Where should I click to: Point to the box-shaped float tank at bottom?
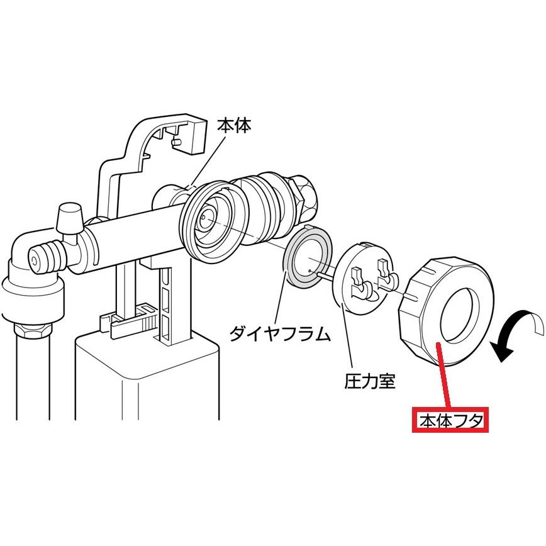point(145,384)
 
